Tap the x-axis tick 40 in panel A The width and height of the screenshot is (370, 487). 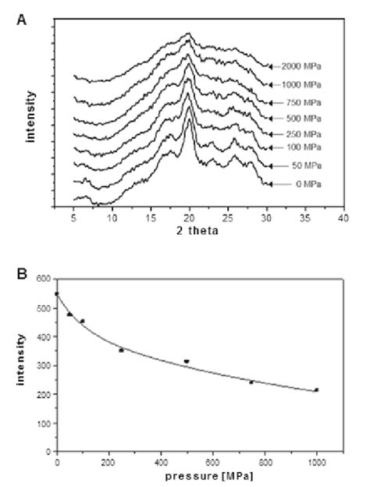click(342, 218)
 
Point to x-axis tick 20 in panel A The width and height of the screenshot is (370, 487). click(189, 218)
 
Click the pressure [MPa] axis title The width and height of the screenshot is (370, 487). click(189, 475)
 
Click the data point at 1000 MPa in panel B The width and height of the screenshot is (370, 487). click(316, 389)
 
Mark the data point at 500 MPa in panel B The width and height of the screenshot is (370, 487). click(187, 361)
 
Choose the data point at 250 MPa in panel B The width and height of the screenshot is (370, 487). click(121, 350)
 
